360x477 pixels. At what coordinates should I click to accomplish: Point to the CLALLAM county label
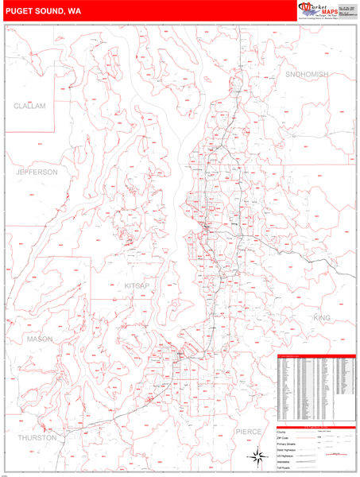coord(30,106)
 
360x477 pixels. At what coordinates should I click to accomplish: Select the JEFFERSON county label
coord(37,172)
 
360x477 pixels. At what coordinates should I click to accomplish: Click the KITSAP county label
coord(137,285)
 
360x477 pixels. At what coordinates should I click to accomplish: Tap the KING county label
coord(322,318)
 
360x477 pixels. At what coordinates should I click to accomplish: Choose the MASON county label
coord(39,339)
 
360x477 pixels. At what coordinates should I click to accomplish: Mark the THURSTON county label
coord(37,438)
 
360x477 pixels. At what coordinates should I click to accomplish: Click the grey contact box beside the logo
coord(346,10)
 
